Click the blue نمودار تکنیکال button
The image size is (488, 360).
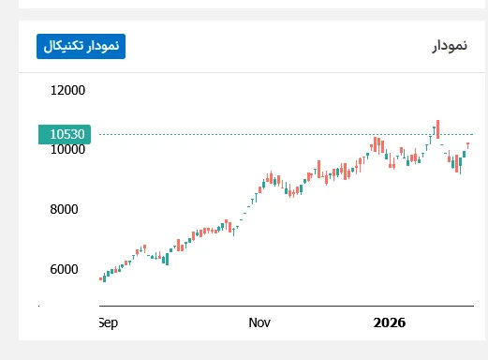[x=81, y=46]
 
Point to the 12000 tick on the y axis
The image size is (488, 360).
[x=67, y=91]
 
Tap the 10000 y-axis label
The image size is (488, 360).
[x=67, y=150]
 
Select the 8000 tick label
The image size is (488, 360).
[x=67, y=209]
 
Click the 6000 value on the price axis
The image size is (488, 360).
[x=67, y=269]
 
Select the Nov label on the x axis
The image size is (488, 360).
[x=260, y=322]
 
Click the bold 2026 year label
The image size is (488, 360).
[x=389, y=322]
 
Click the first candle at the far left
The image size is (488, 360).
[x=101, y=278]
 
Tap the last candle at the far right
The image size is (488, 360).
[x=467, y=144]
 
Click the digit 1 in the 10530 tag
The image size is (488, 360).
[x=53, y=134]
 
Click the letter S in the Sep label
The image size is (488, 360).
[x=102, y=322]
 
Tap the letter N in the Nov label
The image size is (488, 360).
[x=253, y=322]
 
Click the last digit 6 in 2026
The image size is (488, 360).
[x=401, y=322]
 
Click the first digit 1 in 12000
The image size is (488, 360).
[x=54, y=91]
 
